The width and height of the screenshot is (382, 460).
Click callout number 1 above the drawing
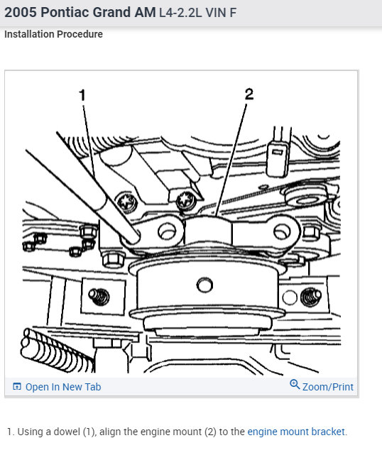coord(82,95)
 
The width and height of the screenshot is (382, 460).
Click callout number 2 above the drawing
coord(249,94)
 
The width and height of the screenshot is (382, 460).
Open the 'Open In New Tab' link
coord(63,387)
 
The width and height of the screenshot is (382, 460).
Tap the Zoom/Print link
coord(328,387)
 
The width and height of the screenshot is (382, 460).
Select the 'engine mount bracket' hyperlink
coord(296,432)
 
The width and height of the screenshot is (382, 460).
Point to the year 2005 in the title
coord(21,13)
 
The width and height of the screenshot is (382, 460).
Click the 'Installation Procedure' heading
coord(53,34)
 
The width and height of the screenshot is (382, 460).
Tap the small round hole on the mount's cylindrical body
coord(204,285)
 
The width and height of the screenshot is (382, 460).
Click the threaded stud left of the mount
coord(99,297)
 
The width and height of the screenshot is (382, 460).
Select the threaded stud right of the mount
coord(311,297)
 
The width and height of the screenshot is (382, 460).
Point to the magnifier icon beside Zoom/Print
coord(295,384)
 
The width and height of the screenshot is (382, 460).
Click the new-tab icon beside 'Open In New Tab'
coord(17,387)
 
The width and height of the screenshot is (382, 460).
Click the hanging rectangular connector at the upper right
coord(277,158)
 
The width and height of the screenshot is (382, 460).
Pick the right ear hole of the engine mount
coord(282,231)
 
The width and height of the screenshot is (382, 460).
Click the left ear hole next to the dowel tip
coord(167,231)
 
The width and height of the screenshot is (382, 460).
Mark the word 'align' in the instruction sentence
coord(110,432)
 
